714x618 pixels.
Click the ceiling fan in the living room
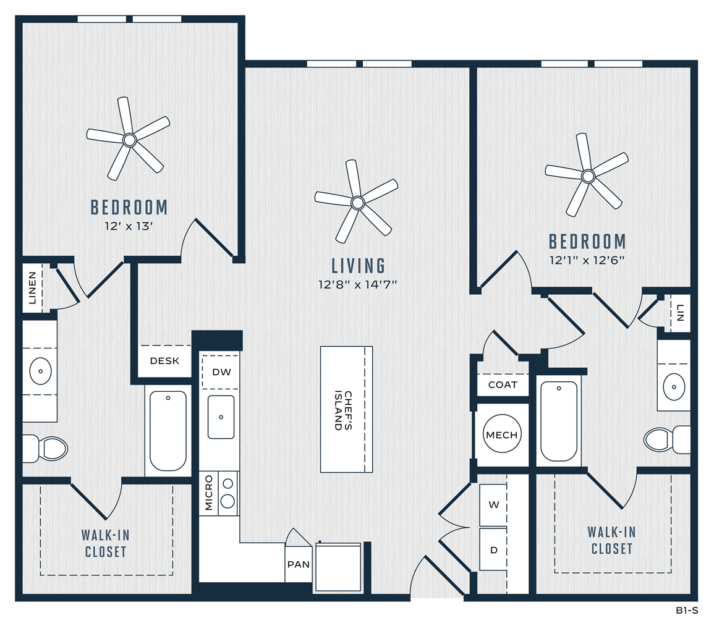click(357, 203)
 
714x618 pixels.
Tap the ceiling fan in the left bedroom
click(129, 140)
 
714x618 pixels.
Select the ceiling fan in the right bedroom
click(588, 176)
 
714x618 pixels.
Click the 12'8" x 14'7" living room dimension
click(358, 285)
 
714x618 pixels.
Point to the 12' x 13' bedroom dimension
click(129, 226)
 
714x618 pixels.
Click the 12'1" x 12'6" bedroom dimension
click(587, 260)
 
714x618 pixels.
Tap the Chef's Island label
click(343, 410)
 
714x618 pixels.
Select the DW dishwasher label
click(221, 372)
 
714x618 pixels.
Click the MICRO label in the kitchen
click(209, 493)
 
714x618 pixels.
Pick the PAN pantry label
click(298, 564)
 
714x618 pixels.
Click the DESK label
click(164, 361)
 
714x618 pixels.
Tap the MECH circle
click(502, 434)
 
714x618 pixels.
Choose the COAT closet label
click(503, 385)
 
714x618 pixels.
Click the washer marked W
click(493, 505)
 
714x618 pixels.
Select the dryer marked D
click(493, 550)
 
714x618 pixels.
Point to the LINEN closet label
click(32, 288)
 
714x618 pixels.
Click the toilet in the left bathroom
click(45, 449)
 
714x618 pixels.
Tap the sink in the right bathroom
click(674, 387)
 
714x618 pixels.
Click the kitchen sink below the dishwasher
click(221, 417)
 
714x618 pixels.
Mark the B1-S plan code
click(687, 611)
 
